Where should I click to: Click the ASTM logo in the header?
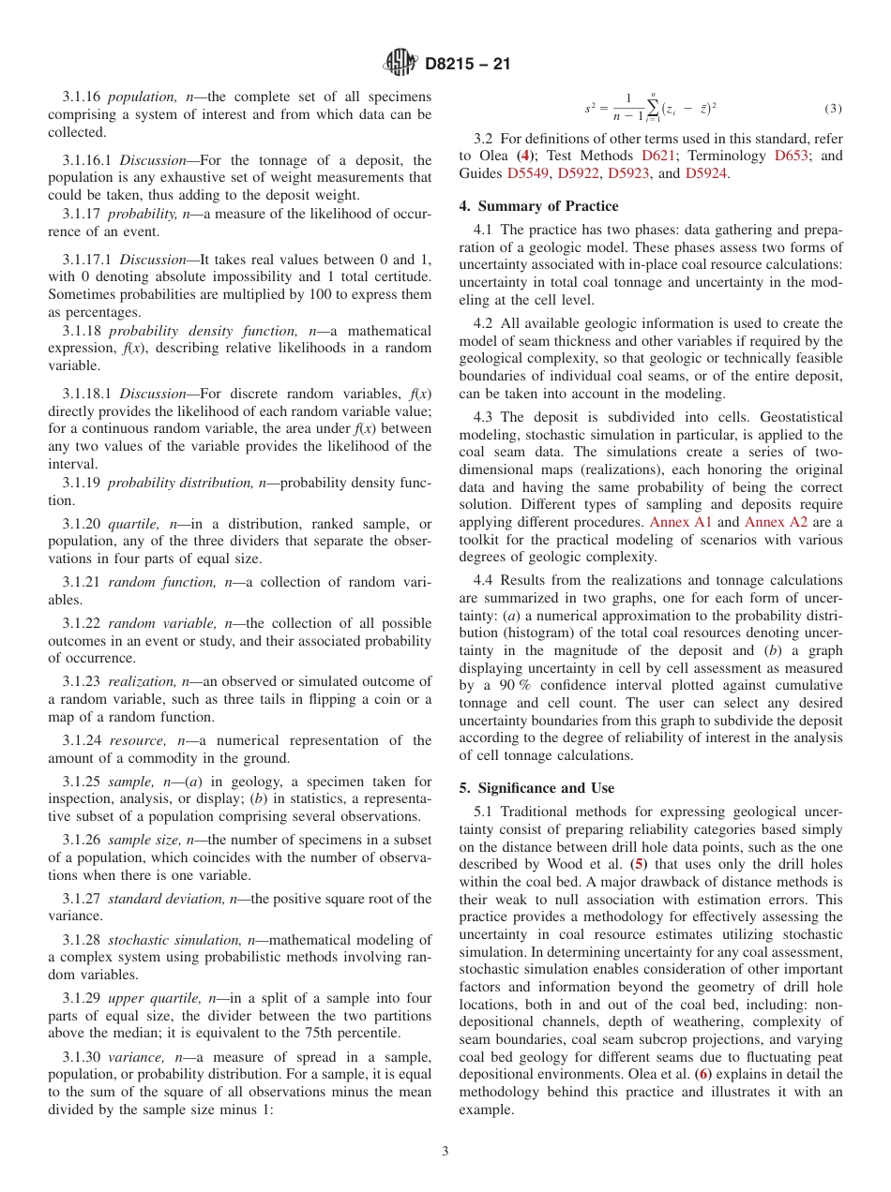pyautogui.click(x=401, y=64)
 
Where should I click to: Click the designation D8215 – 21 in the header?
pyautogui.click(x=466, y=65)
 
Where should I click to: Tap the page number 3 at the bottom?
pyautogui.click(x=445, y=1151)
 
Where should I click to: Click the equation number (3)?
pyautogui.click(x=833, y=109)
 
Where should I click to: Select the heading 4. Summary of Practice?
pyautogui.click(x=538, y=206)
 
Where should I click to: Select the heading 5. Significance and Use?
pyautogui.click(x=536, y=788)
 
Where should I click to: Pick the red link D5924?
pyautogui.click(x=705, y=173)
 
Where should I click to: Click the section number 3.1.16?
pyautogui.click(x=82, y=97)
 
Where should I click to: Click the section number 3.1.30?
pyautogui.click(x=82, y=1057)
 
